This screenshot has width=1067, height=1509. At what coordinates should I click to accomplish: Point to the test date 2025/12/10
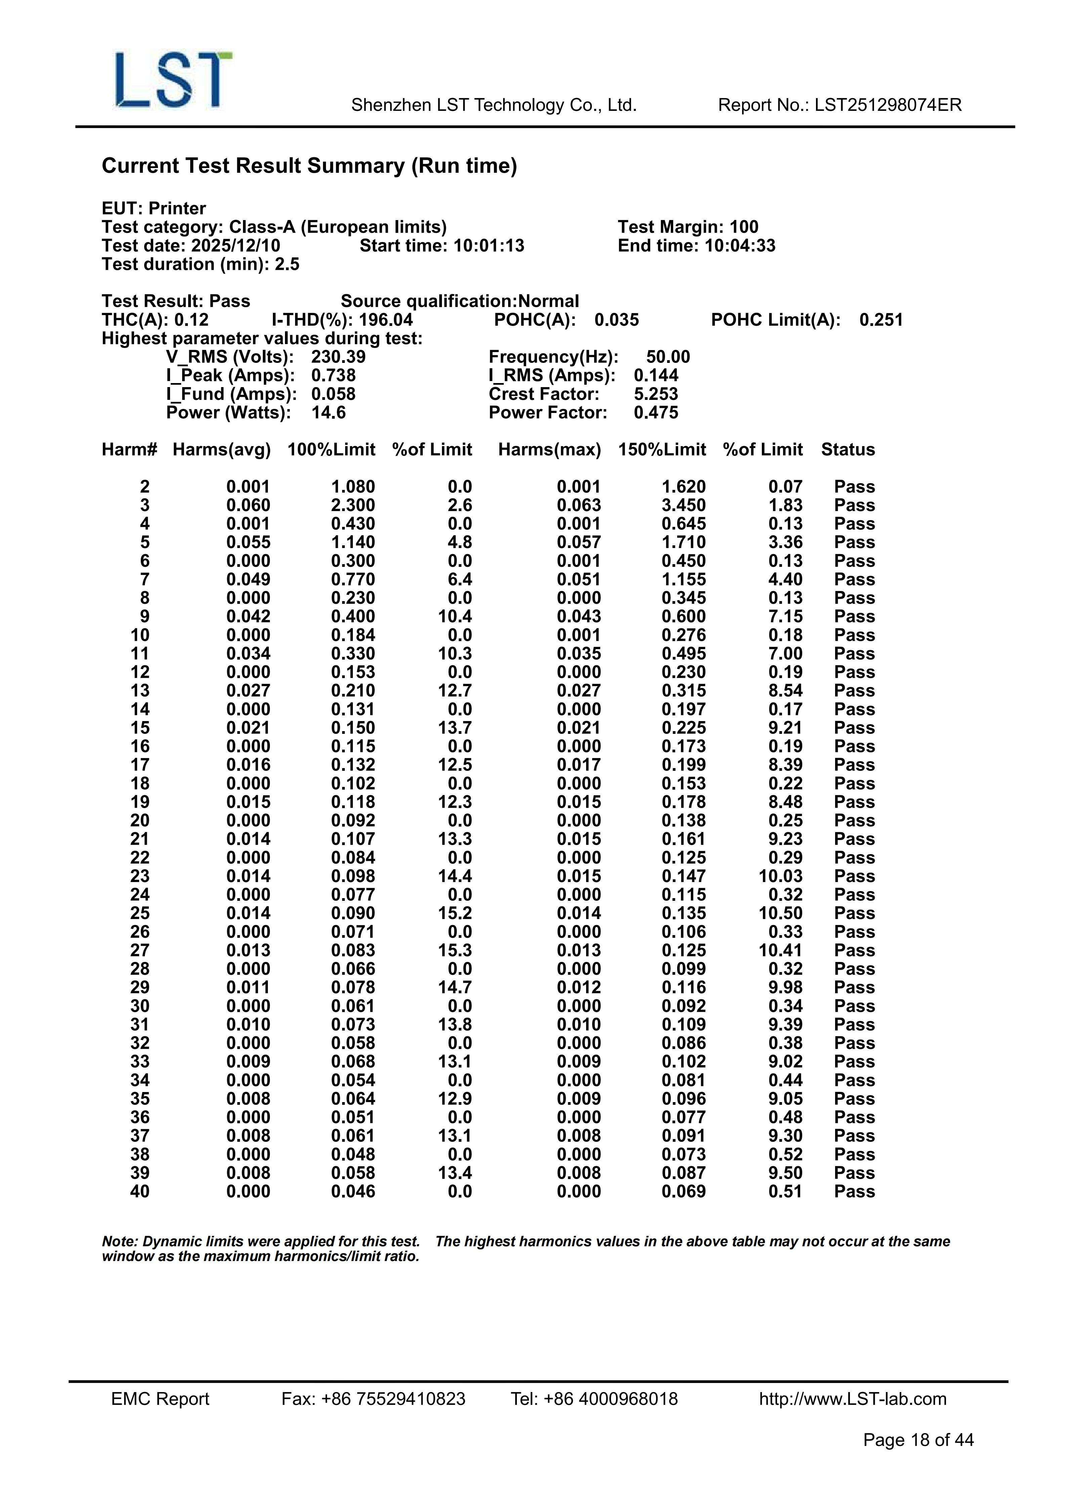pos(235,246)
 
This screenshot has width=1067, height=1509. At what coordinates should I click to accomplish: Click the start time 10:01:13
pos(488,246)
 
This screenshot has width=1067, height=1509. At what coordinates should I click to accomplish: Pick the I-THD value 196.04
pos(386,320)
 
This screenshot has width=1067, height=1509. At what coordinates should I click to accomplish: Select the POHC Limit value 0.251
pos(881,320)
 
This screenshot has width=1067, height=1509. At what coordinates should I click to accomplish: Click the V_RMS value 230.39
pos(338,357)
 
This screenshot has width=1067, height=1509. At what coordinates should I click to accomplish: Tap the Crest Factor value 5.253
pos(655,394)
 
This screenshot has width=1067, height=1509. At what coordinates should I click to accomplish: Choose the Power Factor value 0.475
pos(655,413)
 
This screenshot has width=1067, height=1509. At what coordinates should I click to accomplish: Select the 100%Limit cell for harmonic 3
pos(353,505)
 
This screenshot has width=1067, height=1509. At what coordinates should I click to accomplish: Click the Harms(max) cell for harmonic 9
pos(579,617)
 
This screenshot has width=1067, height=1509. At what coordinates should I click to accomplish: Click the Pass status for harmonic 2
pos(854,487)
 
